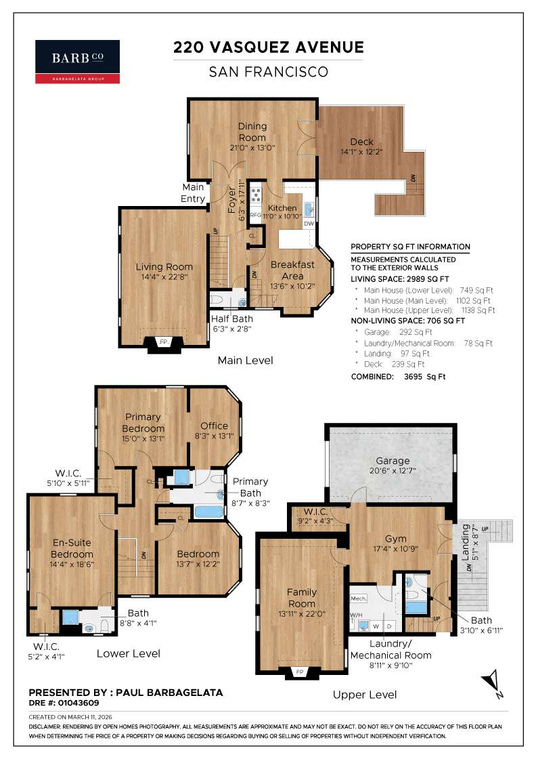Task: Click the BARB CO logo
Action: click(77, 62)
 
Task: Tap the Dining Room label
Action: click(252, 131)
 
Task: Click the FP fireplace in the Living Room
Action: click(163, 342)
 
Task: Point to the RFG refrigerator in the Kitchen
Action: click(255, 215)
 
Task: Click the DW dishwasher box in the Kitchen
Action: click(309, 223)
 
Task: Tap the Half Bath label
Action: click(230, 319)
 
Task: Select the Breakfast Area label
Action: click(292, 270)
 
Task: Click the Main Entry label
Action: click(193, 193)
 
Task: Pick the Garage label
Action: click(393, 461)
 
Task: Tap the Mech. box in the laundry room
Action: click(358, 598)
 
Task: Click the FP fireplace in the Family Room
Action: click(301, 672)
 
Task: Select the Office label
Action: click(214, 426)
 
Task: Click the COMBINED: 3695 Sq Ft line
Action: click(398, 376)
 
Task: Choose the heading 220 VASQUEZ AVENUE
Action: click(269, 47)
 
